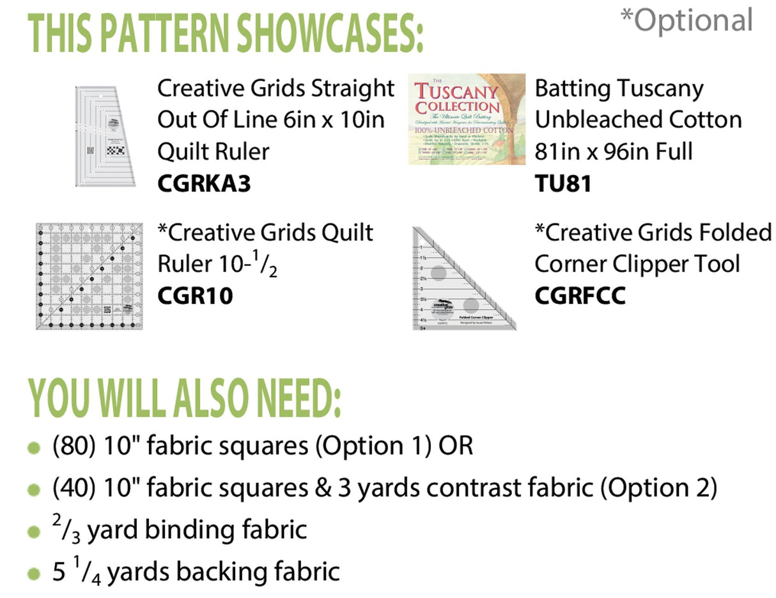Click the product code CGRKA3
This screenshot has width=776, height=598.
click(204, 184)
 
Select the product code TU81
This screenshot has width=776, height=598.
click(563, 184)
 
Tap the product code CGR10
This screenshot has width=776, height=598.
click(195, 296)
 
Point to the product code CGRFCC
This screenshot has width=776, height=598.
click(580, 296)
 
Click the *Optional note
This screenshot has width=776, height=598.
click(687, 20)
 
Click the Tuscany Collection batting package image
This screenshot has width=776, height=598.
click(467, 119)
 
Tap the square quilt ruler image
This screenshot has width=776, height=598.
click(89, 276)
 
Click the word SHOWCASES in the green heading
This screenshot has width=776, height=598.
click(329, 33)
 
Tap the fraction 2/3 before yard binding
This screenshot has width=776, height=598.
click(66, 529)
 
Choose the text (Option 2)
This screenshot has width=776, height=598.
click(659, 488)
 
